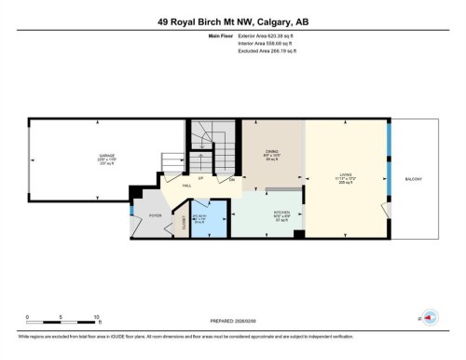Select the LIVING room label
click(346, 174)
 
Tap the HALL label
click(186, 187)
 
